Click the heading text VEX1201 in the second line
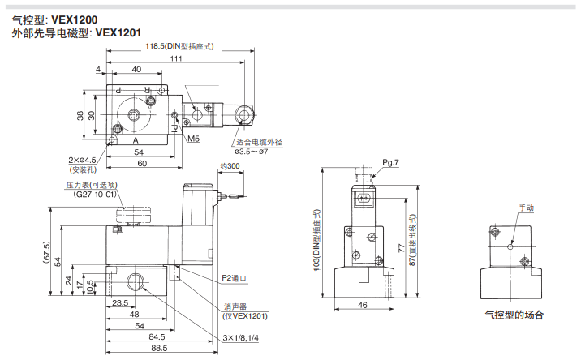[x=118, y=34]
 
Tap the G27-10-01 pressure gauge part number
[x=96, y=195]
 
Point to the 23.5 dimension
[x=120, y=302]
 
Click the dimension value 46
[x=363, y=305]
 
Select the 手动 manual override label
[x=527, y=208]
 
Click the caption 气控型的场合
[x=514, y=315]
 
